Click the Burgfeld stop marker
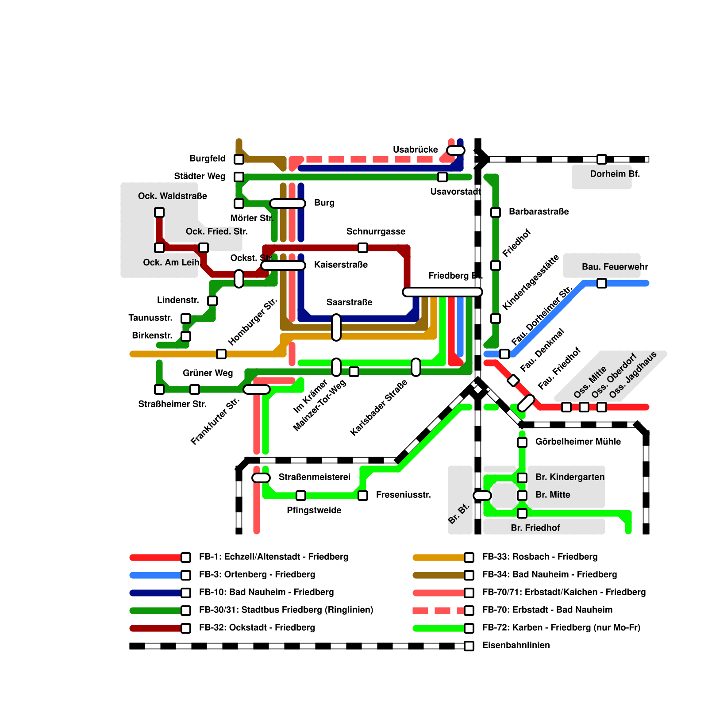[239, 159]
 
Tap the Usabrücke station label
[416, 150]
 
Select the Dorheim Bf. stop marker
[602, 159]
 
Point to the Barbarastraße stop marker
[496, 212]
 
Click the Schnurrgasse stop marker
[363, 248]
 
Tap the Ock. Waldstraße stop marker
[159, 212]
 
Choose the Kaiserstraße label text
[341, 265]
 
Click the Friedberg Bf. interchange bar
[442, 292]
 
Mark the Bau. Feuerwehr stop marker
[602, 283]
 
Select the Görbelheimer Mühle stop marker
[522, 442]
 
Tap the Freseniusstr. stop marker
[363, 496]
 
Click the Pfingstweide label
[314, 510]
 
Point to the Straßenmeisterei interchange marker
[261, 478]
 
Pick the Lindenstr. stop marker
[212, 301]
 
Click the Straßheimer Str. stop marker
[159, 389]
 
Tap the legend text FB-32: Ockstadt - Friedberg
[257, 627]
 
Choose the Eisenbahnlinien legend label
[516, 645]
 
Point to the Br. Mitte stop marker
[522, 496]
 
